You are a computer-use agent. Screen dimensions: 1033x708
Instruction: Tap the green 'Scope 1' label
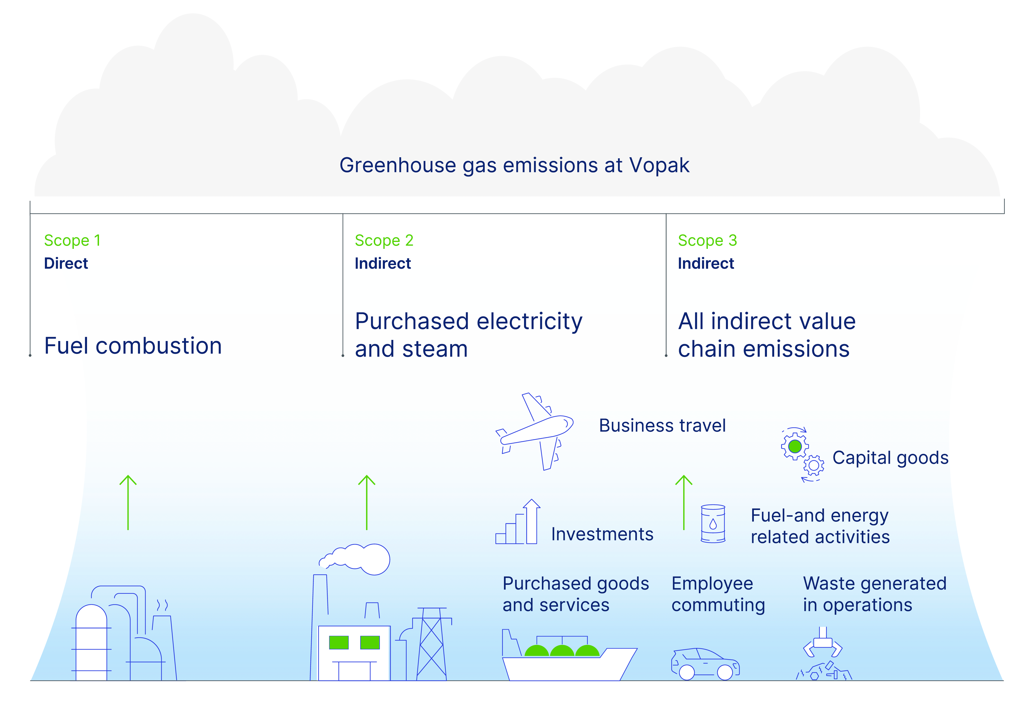(73, 241)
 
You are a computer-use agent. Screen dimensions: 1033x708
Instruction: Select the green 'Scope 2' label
(384, 241)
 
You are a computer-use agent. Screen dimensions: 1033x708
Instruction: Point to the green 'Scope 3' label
(707, 241)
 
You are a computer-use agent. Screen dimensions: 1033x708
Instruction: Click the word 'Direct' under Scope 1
(66, 263)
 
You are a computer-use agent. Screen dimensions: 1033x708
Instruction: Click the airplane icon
(535, 431)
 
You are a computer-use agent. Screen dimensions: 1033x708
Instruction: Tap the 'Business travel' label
(662, 425)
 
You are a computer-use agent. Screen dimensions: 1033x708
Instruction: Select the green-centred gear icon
(795, 446)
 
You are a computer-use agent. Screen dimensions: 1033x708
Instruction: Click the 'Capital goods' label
(890, 458)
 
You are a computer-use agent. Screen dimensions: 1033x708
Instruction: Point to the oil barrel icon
(713, 523)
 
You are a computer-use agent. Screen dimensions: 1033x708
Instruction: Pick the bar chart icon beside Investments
(518, 521)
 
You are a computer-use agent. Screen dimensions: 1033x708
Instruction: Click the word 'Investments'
(602, 534)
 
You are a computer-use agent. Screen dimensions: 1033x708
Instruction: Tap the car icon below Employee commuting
(705, 664)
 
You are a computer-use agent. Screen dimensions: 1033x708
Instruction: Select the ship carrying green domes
(569, 655)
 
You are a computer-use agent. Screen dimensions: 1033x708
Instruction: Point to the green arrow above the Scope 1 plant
(128, 502)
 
